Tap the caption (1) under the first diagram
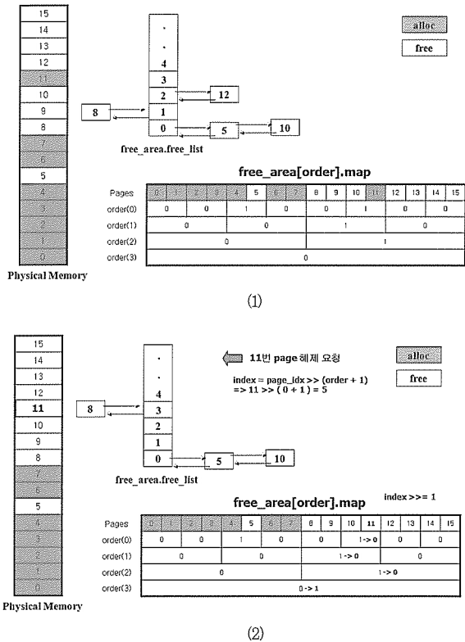coord(233,301)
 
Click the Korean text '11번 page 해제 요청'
coord(292,357)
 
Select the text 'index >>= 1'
coord(409,496)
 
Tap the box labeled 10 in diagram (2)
coord(280,458)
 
